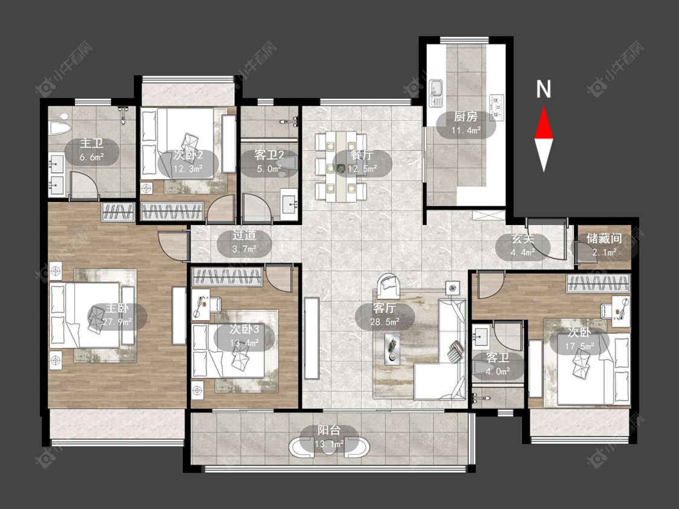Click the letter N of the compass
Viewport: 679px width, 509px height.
pos(543,89)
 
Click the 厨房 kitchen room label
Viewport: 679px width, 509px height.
pos(465,116)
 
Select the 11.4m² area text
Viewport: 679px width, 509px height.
pos(466,130)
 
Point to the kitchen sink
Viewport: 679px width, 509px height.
pos(435,93)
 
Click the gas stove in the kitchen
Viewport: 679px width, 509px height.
pos(497,107)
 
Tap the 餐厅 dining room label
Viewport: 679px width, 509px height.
pos(362,155)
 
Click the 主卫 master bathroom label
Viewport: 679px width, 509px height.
pos(92,144)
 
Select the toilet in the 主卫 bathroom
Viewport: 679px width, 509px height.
pos(60,127)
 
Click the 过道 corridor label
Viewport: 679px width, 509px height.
pos(244,235)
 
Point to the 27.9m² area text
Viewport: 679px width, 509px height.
pos(117,321)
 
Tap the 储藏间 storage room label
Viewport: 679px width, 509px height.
pos(604,238)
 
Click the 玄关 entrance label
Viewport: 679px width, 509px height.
pos(523,238)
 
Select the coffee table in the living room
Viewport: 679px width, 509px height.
pos(392,348)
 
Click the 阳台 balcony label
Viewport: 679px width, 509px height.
pos(329,430)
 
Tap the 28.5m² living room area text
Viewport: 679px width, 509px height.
pos(384,321)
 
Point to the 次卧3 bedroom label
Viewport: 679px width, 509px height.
pos(244,329)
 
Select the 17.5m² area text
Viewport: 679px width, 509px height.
pos(579,346)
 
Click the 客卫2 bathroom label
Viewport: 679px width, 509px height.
pos(269,155)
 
